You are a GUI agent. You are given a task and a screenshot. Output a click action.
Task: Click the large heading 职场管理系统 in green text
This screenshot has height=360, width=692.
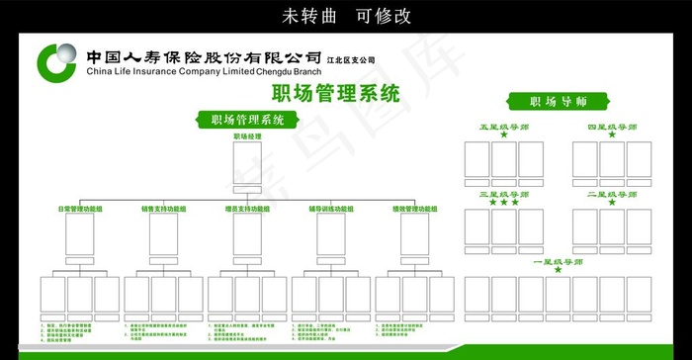point(335,95)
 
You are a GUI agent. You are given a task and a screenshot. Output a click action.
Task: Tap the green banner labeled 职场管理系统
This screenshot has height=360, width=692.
point(247,121)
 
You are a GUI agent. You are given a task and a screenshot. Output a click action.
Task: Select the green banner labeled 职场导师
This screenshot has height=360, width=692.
point(559,101)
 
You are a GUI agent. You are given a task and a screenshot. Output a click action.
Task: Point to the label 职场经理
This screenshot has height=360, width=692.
point(247,135)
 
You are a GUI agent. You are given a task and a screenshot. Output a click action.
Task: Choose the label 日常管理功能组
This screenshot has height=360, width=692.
point(81,210)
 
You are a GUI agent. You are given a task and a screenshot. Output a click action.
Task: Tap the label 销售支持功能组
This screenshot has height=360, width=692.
point(164,210)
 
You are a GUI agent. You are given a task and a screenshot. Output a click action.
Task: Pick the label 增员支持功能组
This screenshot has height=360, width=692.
point(247,210)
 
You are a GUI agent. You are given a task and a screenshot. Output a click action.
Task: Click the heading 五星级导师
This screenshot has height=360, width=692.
point(503,128)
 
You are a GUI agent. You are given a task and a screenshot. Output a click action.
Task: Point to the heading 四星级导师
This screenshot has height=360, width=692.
point(612,128)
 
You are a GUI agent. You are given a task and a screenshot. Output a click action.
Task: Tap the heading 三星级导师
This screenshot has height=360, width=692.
point(503,195)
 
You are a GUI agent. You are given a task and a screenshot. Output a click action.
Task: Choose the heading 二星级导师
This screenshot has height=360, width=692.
point(612,195)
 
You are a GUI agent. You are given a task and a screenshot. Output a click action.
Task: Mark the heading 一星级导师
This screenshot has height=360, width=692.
point(558,262)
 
